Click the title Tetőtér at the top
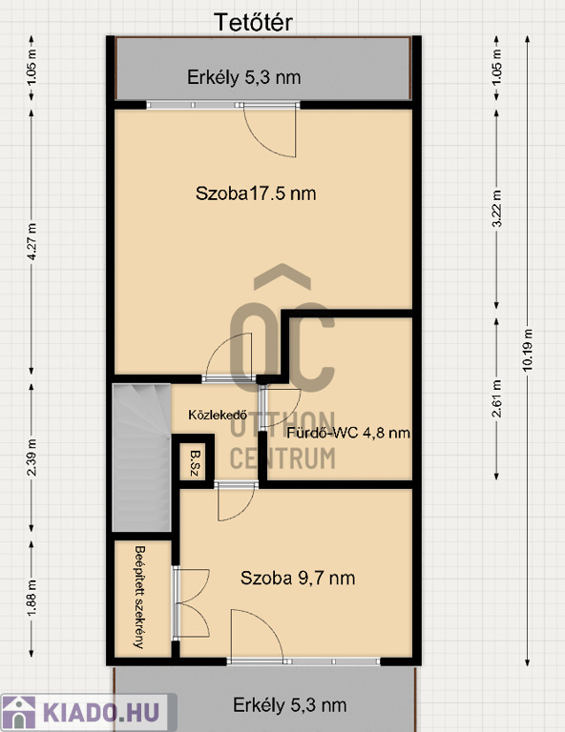[x=253, y=23]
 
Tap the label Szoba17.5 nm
[x=256, y=193]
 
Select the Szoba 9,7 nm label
[x=298, y=578]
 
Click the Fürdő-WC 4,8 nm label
[x=348, y=433]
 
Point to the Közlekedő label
[x=218, y=415]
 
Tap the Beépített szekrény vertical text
[x=138, y=597]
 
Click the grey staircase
[x=141, y=457]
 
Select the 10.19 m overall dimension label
[x=528, y=350]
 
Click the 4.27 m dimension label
[x=31, y=241]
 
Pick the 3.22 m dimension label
[x=497, y=208]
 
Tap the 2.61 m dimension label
[x=497, y=398]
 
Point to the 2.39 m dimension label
[x=31, y=457]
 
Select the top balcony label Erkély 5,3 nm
[x=244, y=77]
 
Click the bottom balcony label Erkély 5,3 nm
[x=290, y=705]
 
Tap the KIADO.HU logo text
[x=101, y=713]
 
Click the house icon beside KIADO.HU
[x=19, y=713]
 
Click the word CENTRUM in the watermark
[x=282, y=457]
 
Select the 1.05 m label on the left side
[x=31, y=68]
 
